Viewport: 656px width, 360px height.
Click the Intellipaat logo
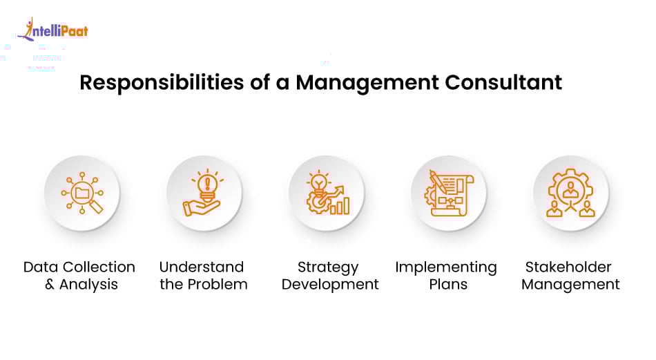pos(54,30)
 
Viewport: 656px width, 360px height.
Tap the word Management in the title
pos(367,82)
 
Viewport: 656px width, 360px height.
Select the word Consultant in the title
pos(503,82)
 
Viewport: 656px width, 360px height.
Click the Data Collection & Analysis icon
pos(82,193)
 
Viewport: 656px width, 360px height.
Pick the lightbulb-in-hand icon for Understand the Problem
pos(204,193)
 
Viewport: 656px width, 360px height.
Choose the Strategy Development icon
pos(327,193)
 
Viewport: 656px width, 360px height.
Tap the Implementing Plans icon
pos(449,193)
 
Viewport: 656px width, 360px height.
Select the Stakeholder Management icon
pos(571,193)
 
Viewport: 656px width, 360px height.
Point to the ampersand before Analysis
pos(50,285)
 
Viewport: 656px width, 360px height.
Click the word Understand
pos(201,267)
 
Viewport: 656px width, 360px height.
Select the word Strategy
pos(328,267)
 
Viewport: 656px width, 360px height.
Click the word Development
pos(330,285)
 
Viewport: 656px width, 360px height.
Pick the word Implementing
pos(446,267)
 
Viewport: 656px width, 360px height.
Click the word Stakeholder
pos(568,267)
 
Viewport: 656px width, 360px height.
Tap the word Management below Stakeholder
pos(570,285)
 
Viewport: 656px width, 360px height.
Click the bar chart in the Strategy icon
pos(340,206)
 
